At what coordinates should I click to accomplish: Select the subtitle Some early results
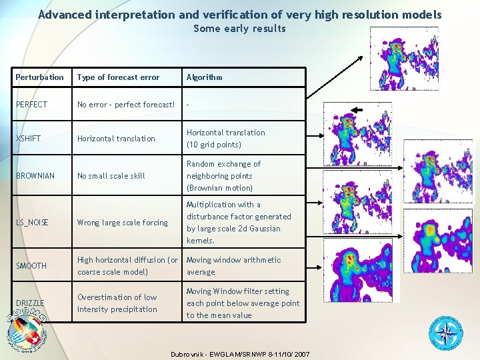click(x=239, y=29)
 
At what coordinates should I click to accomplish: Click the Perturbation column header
click(x=39, y=77)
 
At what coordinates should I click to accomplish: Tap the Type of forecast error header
click(x=118, y=77)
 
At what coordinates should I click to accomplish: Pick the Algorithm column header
click(x=204, y=77)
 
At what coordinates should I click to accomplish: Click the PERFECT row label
click(x=31, y=105)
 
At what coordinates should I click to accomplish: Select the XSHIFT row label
click(x=28, y=139)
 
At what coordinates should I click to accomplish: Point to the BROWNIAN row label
click(x=35, y=176)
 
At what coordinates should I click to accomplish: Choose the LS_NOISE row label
click(x=32, y=223)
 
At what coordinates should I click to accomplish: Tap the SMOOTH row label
click(x=31, y=266)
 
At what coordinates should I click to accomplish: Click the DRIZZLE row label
click(x=30, y=303)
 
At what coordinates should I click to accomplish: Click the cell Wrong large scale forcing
click(x=123, y=223)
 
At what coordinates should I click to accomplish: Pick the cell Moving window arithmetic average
click(x=233, y=266)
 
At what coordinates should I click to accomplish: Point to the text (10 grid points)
click(x=213, y=145)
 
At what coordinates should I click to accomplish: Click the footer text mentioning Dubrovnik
click(x=239, y=352)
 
